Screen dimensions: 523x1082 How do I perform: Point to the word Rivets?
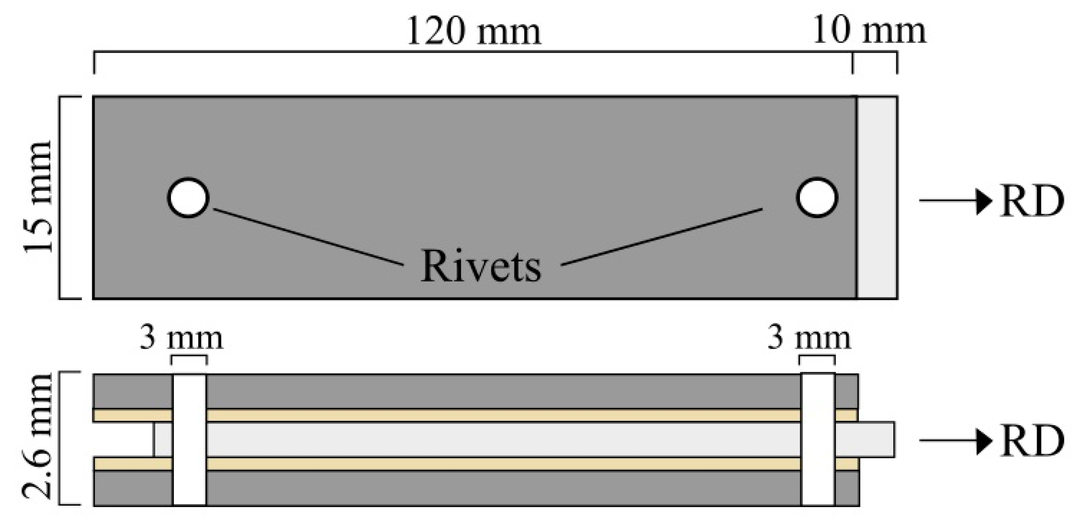[x=481, y=266]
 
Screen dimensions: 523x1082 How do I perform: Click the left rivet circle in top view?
[x=188, y=198]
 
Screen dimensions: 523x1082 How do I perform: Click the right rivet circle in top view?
[x=817, y=197]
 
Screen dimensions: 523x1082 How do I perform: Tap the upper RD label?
[x=1032, y=201]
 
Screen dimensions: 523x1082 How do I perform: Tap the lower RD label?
[x=1032, y=441]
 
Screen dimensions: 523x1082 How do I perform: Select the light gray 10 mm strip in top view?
[x=877, y=197]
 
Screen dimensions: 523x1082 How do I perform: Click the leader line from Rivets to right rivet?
[x=662, y=237]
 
